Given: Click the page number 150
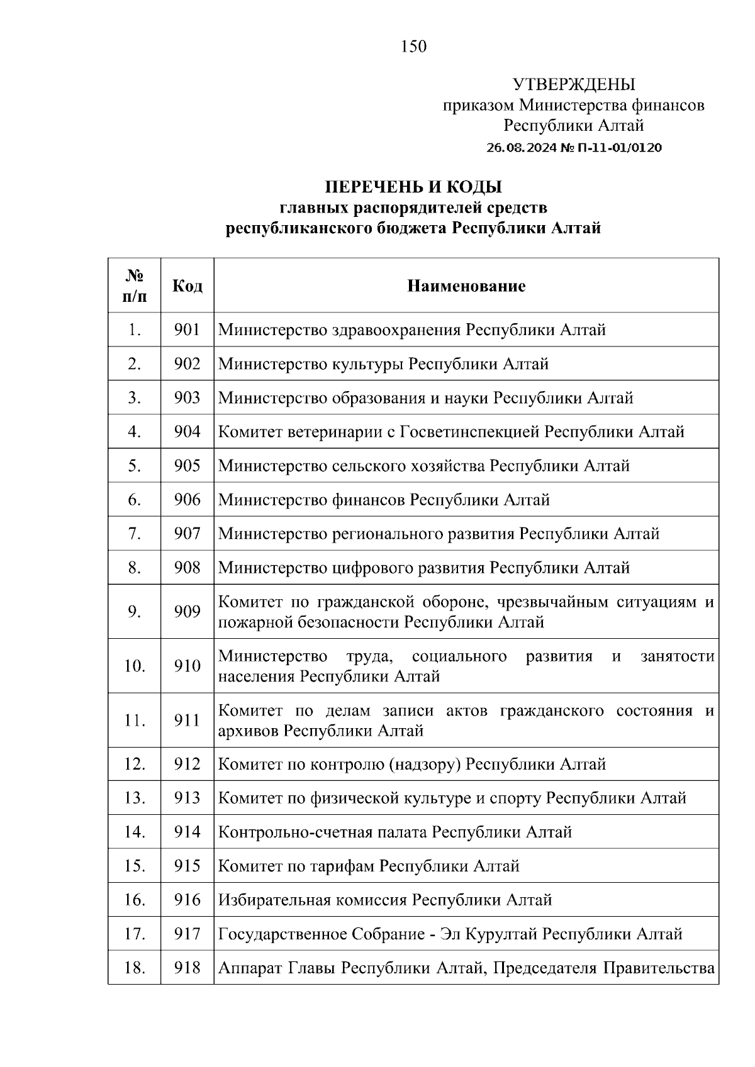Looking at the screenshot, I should click(x=413, y=47).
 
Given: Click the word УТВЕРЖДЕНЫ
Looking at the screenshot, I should click(x=574, y=85).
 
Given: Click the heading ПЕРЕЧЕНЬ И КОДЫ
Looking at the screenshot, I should click(x=413, y=187).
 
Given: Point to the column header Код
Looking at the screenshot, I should click(x=187, y=286).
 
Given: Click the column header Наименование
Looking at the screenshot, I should click(x=466, y=286).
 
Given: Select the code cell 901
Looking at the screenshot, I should click(x=187, y=329).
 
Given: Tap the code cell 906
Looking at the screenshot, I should click(x=187, y=500).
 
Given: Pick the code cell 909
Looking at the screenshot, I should click(x=187, y=612).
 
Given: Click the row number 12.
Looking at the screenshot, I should click(x=135, y=765).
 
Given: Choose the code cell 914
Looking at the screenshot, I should click(x=187, y=832).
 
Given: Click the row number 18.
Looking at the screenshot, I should click(x=135, y=968).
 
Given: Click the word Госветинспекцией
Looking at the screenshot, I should click(x=469, y=432).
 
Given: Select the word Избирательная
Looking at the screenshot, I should click(x=274, y=900).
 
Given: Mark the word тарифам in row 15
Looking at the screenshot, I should click(x=341, y=866).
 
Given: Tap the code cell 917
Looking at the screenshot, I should click(x=187, y=934).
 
